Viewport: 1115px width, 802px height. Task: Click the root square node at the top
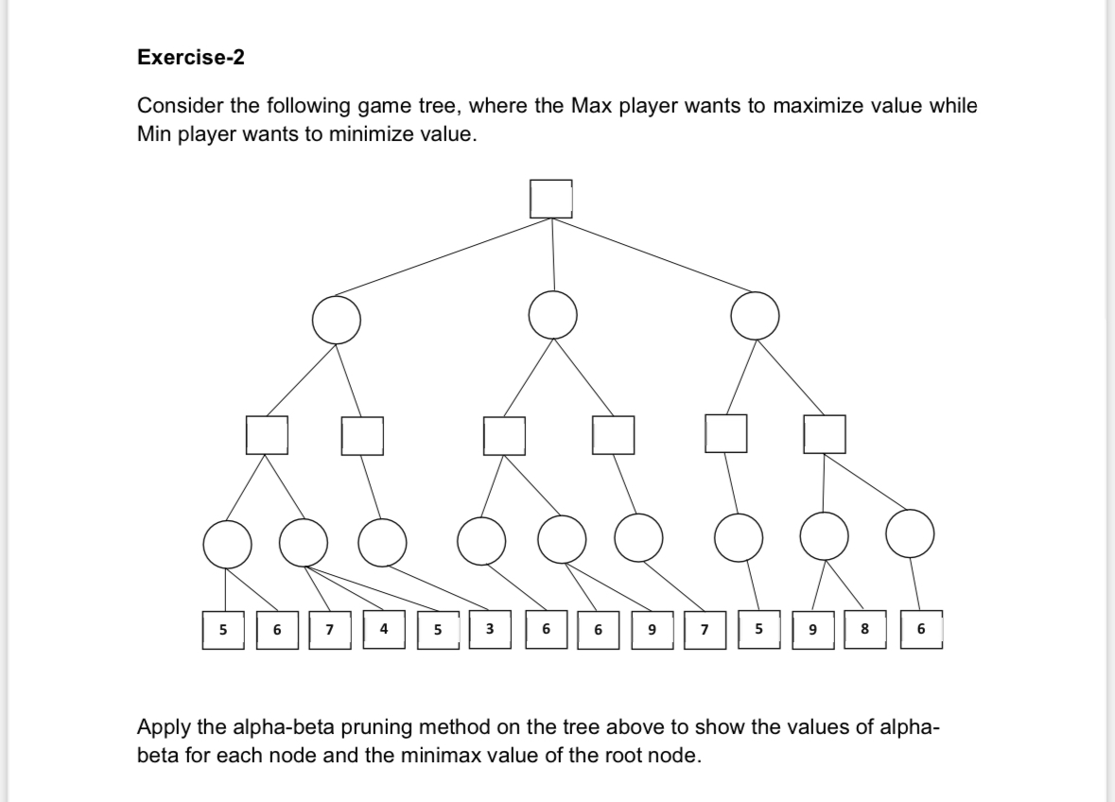[551, 198]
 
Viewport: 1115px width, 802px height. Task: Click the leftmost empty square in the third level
[266, 434]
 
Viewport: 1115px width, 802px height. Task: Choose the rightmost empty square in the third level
[824, 433]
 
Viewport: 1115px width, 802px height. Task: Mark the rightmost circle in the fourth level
[910, 535]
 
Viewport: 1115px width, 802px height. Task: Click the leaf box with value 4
[383, 630]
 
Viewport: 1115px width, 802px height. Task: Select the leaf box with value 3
[489, 630]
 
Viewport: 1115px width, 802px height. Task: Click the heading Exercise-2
[190, 58]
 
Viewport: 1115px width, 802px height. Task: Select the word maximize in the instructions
[818, 106]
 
